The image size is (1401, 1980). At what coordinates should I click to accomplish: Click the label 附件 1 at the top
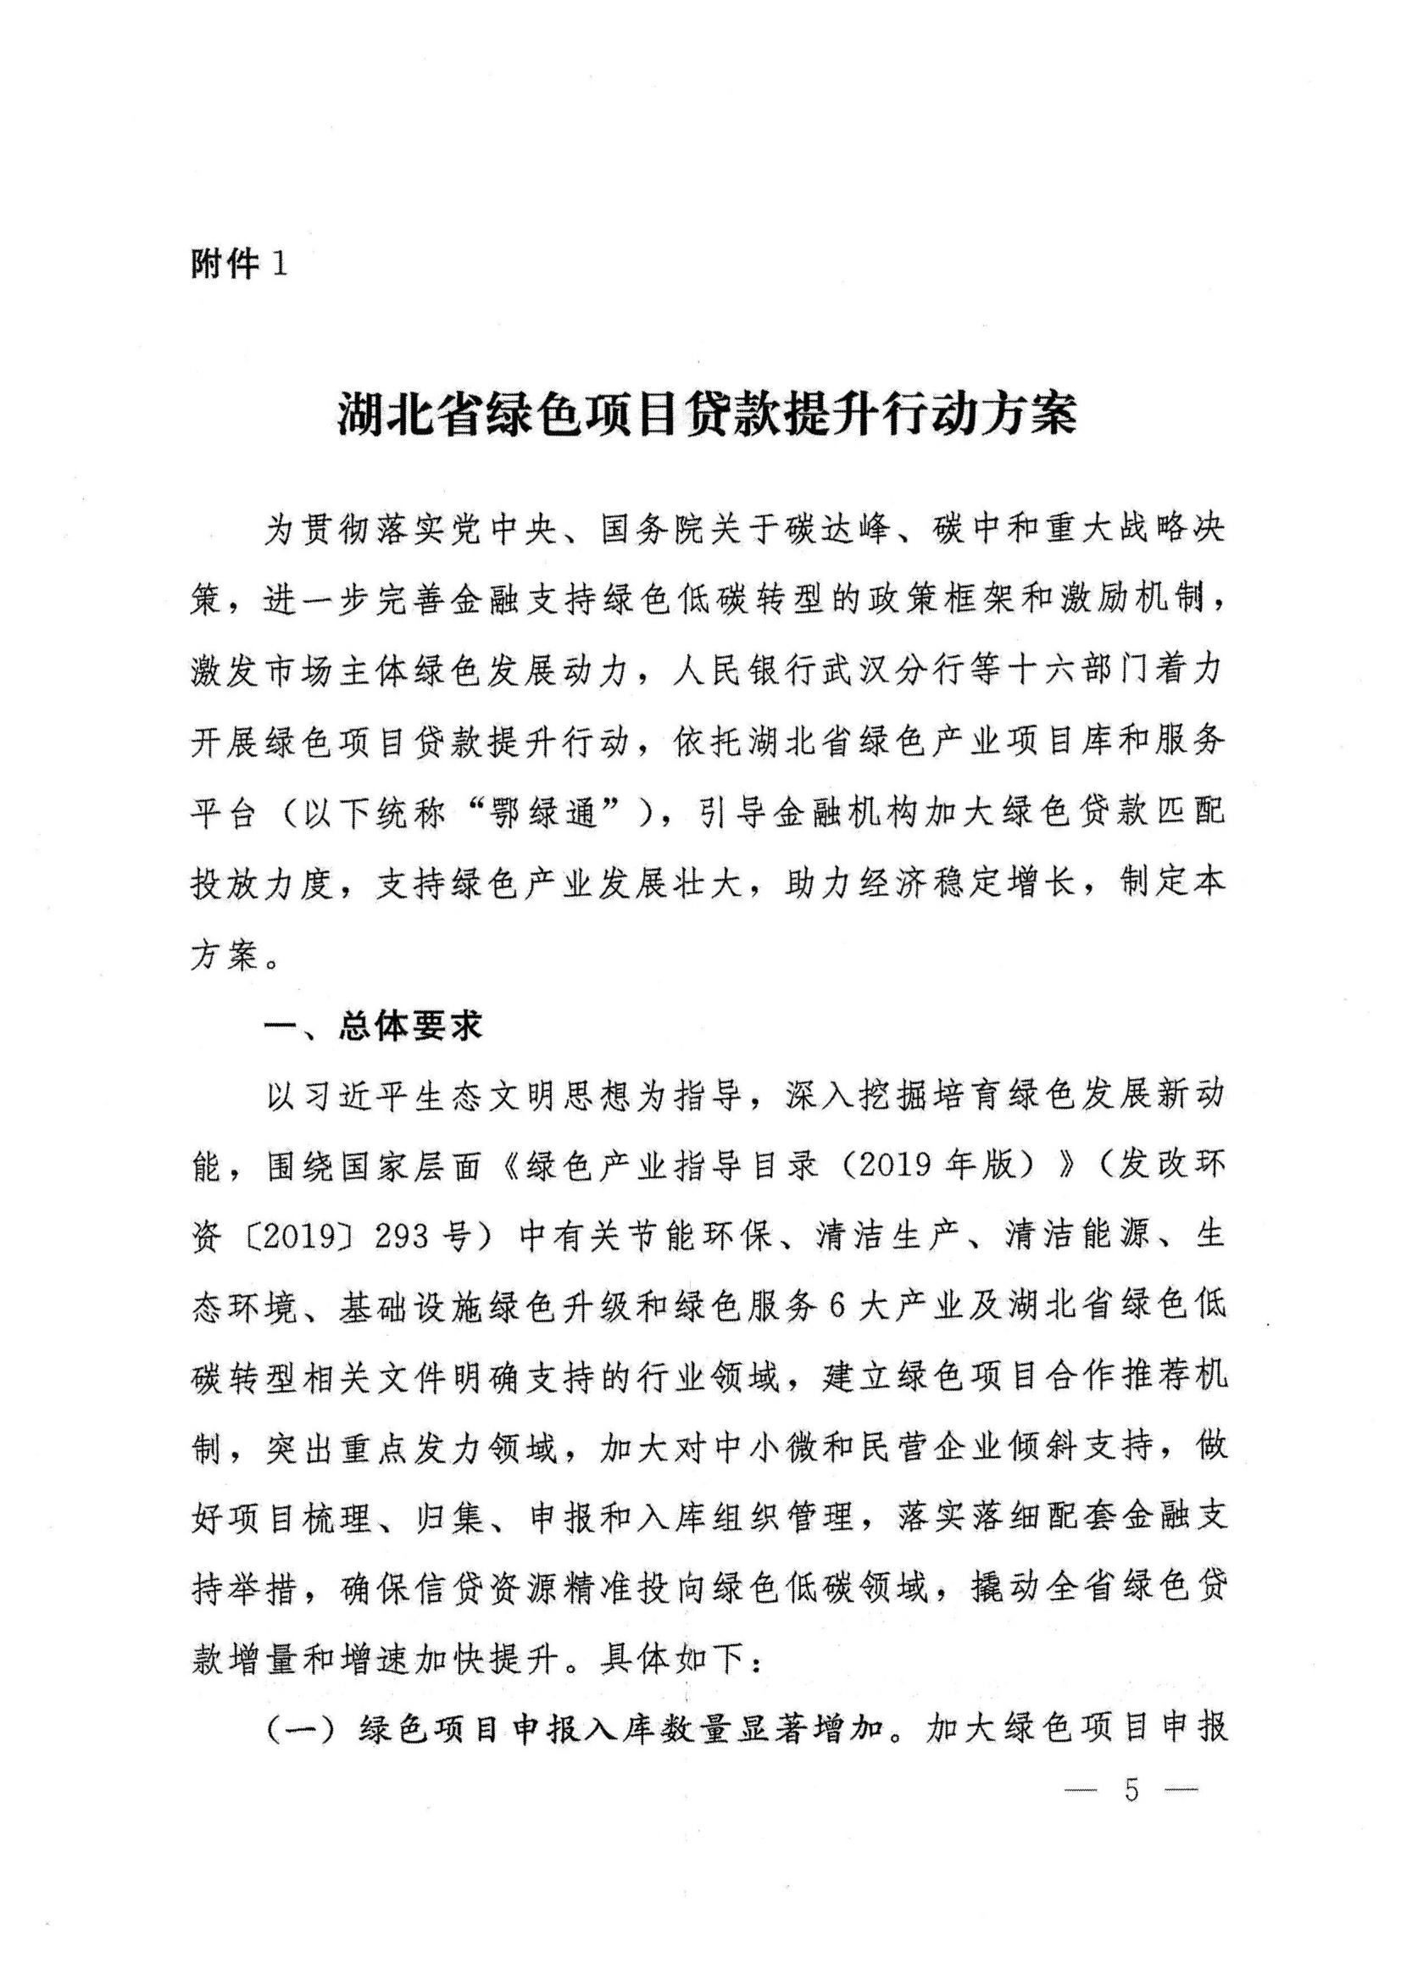coord(237,264)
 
